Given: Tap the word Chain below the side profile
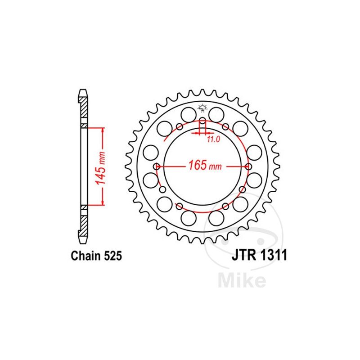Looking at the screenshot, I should pos(85,256).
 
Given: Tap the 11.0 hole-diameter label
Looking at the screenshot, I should pos(213,139).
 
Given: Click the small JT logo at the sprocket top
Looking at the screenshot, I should pos(202,108).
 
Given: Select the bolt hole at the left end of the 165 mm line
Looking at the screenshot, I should pos(157,166).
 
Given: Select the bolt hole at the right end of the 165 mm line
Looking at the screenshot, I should pos(249,166).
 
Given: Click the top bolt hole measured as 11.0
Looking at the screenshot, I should pos(202,121).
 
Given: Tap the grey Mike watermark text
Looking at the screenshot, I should pos(241,280).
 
